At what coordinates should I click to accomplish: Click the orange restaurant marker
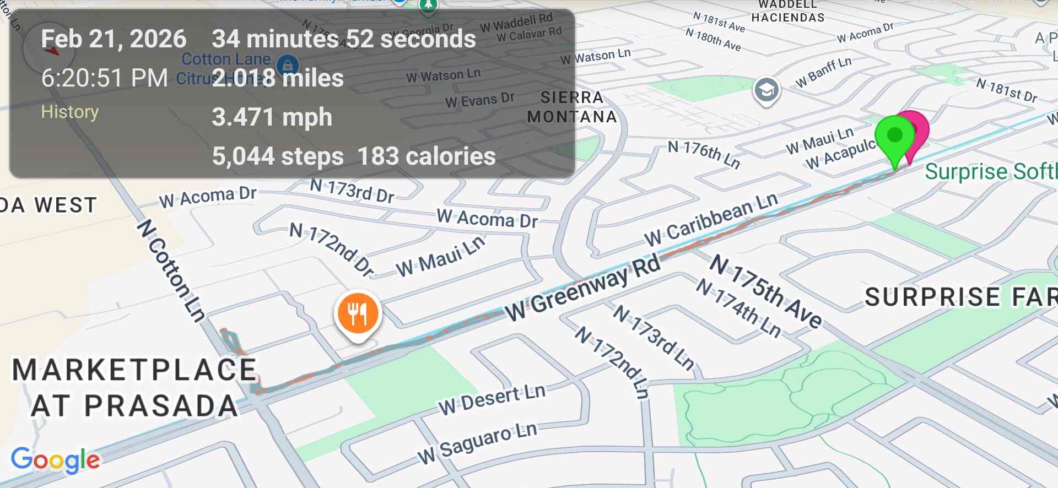pyautogui.click(x=358, y=313)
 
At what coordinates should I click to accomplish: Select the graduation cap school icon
pyautogui.click(x=766, y=90)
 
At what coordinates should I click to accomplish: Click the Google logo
pyautogui.click(x=55, y=460)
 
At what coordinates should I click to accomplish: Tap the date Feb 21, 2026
pyautogui.click(x=114, y=39)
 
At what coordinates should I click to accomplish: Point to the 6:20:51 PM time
pyautogui.click(x=104, y=78)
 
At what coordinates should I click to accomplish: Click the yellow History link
pyautogui.click(x=70, y=112)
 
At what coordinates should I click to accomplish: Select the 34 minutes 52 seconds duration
pyautogui.click(x=343, y=39)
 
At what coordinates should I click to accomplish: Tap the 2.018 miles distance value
pyautogui.click(x=278, y=78)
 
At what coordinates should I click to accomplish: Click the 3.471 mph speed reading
pyautogui.click(x=272, y=117)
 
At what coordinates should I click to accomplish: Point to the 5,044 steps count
pyautogui.click(x=278, y=156)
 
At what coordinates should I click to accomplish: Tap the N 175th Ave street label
pyautogui.click(x=766, y=291)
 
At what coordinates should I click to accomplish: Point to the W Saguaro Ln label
pyautogui.click(x=477, y=443)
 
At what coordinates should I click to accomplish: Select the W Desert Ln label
pyautogui.click(x=492, y=399)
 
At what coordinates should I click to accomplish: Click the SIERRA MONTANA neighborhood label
pyautogui.click(x=572, y=107)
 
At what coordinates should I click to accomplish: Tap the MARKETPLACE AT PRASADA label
pyautogui.click(x=134, y=388)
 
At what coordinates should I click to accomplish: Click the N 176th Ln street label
pyautogui.click(x=704, y=154)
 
